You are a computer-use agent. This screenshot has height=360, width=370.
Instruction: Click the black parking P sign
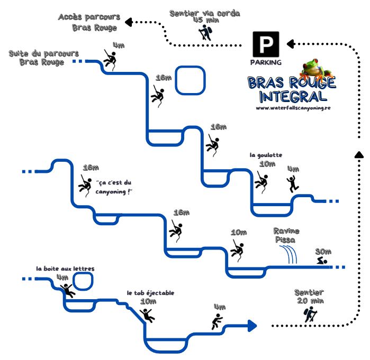(x=265, y=44)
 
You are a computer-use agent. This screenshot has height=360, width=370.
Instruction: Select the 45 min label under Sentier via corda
(x=205, y=20)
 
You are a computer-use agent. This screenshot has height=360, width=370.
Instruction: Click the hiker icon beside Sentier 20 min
(x=310, y=315)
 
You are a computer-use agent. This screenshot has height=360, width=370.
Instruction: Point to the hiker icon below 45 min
(x=205, y=33)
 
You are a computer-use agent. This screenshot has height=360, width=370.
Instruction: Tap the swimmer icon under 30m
(x=322, y=262)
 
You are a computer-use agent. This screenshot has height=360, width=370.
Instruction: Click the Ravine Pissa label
(x=286, y=235)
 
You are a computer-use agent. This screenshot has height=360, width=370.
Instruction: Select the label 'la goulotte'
(x=266, y=155)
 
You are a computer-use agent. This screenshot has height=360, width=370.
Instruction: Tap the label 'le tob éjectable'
(x=150, y=292)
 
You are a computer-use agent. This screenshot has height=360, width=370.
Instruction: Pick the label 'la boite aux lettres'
(x=65, y=269)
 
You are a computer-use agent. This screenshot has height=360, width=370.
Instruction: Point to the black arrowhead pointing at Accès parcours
(x=129, y=22)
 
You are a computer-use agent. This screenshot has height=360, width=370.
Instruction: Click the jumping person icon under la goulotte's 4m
(x=292, y=183)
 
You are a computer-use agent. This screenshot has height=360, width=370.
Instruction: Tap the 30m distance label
(x=323, y=251)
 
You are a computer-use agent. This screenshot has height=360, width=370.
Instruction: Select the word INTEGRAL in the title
(x=293, y=96)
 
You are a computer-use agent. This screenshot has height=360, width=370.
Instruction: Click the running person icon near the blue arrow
(x=216, y=321)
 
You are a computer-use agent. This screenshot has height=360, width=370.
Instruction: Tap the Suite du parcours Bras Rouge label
(x=44, y=58)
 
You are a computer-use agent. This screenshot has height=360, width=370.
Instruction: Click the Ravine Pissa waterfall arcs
(x=289, y=254)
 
